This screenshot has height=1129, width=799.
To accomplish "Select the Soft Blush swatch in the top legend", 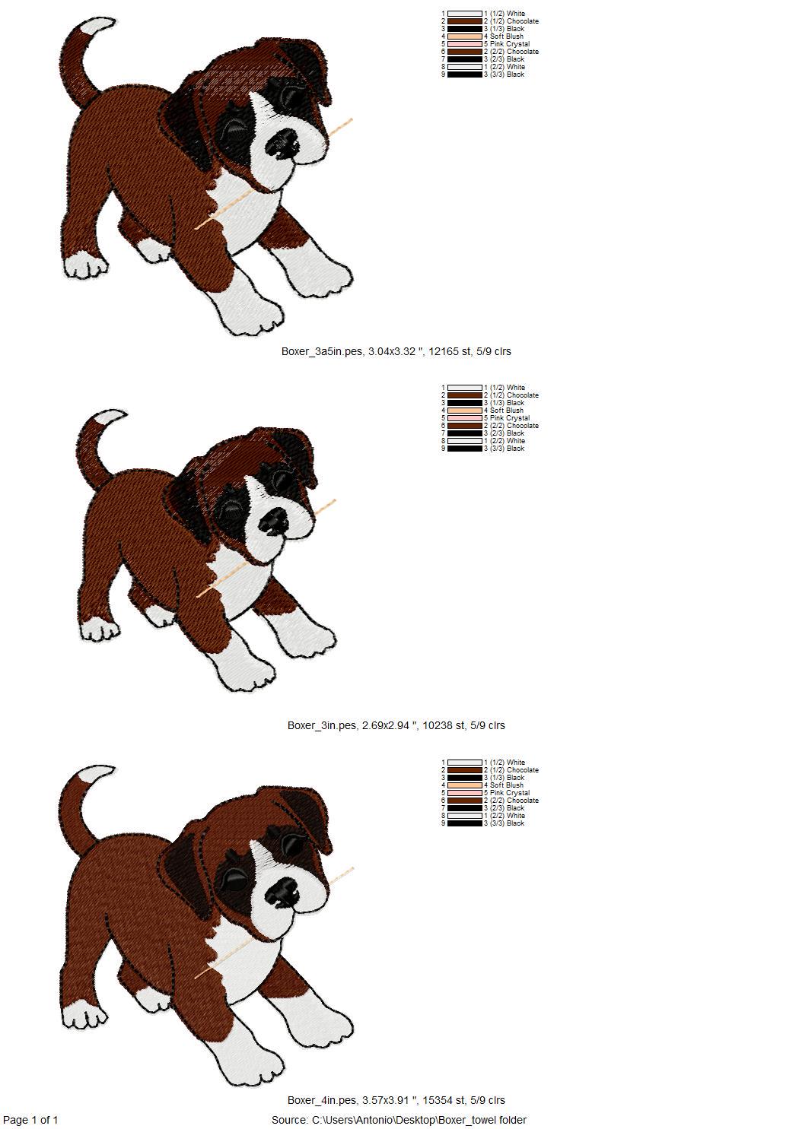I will coord(465,36).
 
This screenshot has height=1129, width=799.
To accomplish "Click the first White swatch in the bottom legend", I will coord(465,763).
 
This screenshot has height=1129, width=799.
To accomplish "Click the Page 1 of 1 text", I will coord(31,1120).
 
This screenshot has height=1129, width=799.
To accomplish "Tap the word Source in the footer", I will coord(289,1120).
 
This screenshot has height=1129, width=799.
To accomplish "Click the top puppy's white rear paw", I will coord(85,266).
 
